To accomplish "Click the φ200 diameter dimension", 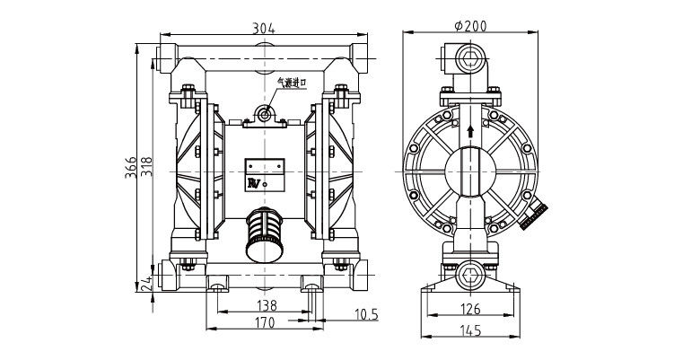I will [470, 26].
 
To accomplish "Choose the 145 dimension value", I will [471, 330].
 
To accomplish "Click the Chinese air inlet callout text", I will [292, 83].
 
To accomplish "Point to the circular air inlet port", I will [265, 114].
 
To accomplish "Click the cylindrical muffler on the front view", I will [265, 234].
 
